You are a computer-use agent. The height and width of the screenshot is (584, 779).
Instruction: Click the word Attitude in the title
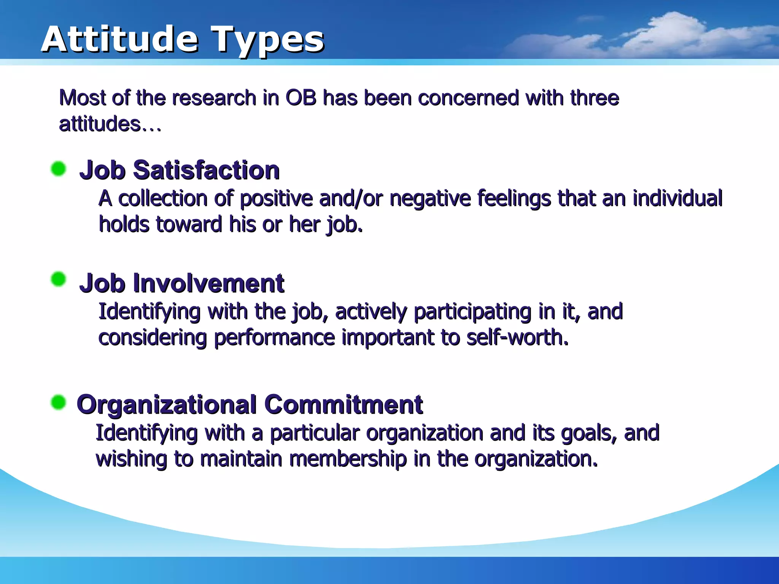click(x=119, y=39)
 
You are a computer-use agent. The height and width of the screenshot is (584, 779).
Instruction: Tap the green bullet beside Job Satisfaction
click(x=59, y=168)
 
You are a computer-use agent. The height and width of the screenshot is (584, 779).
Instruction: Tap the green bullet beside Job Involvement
click(x=59, y=279)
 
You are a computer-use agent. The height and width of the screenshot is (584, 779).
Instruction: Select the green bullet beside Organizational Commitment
click(x=59, y=402)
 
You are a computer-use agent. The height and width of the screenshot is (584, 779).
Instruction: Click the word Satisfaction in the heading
click(x=206, y=170)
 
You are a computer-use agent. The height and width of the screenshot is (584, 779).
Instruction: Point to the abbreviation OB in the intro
click(x=301, y=98)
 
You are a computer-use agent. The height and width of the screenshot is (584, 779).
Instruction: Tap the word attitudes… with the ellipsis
click(x=110, y=124)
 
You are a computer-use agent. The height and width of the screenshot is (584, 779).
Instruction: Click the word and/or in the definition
click(x=351, y=199)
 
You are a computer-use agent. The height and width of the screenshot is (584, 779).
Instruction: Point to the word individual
click(x=677, y=198)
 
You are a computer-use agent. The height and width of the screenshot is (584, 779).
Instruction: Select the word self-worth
click(x=517, y=338)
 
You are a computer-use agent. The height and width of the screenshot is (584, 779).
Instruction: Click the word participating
click(x=472, y=312)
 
